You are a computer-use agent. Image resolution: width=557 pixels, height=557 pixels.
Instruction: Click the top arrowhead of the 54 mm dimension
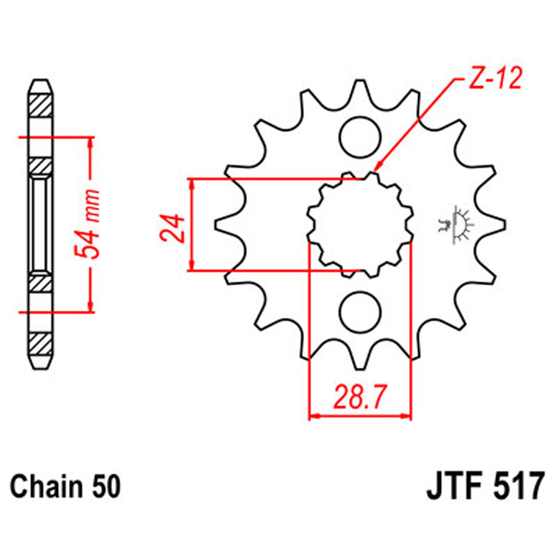pyautogui.click(x=91, y=142)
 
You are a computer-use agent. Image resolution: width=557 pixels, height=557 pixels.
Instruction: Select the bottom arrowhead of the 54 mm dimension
pyautogui.click(x=91, y=307)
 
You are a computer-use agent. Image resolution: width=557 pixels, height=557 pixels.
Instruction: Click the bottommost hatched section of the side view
pyautogui.click(x=42, y=344)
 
